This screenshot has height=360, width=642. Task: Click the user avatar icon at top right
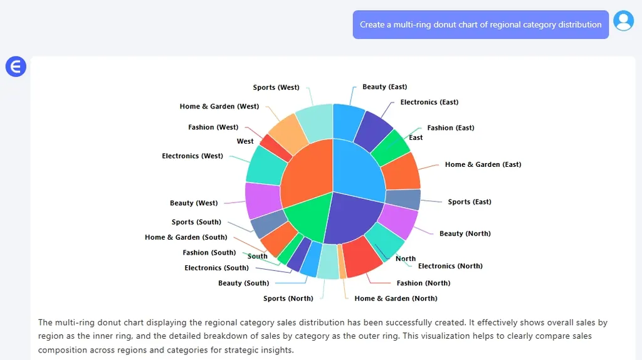623,21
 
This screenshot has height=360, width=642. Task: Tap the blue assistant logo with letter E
16,66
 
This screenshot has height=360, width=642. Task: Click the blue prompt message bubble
480,24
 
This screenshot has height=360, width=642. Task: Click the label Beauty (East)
384,87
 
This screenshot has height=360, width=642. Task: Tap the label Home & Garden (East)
483,165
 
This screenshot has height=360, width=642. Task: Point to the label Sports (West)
276,88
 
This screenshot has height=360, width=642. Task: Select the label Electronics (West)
192,156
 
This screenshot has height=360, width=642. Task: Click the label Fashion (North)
423,283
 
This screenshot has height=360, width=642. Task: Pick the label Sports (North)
288,299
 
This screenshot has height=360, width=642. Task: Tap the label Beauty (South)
243,283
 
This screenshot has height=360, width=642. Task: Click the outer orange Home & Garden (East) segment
401,171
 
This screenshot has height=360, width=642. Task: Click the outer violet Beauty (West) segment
263,200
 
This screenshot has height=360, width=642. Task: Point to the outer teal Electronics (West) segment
266,165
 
